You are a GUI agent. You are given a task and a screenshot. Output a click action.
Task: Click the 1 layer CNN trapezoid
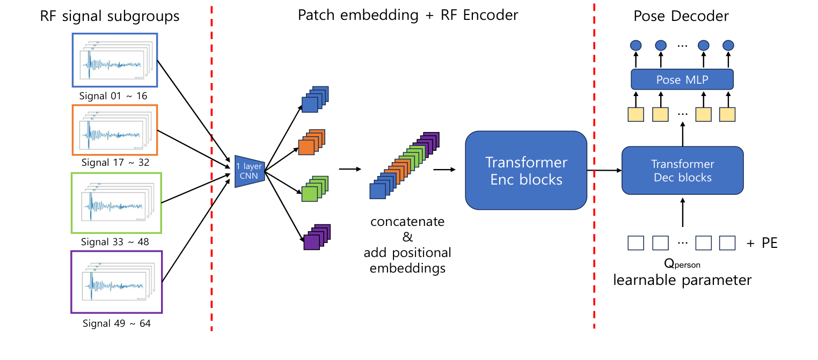250,171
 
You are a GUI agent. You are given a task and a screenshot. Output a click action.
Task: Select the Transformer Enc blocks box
526,170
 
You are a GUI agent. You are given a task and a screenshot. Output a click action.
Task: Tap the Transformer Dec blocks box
682,170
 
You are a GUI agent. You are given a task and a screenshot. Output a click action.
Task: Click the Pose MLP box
682,79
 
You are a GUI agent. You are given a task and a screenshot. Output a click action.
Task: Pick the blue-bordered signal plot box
115,60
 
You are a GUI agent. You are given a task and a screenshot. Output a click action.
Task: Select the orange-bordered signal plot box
115,129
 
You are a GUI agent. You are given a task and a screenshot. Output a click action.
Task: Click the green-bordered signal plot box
116,203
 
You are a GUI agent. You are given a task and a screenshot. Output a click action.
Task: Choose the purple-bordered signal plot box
116,282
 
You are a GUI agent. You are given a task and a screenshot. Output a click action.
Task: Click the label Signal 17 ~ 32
115,162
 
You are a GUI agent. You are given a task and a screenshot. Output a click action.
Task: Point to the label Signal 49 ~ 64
116,324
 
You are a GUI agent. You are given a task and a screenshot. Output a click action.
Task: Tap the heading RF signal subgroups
109,16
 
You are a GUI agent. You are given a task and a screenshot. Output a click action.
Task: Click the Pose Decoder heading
681,16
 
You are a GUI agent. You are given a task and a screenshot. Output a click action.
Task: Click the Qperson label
682,263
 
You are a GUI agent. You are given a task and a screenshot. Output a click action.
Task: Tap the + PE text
761,244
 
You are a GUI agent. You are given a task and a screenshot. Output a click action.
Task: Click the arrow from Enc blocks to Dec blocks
603,171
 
